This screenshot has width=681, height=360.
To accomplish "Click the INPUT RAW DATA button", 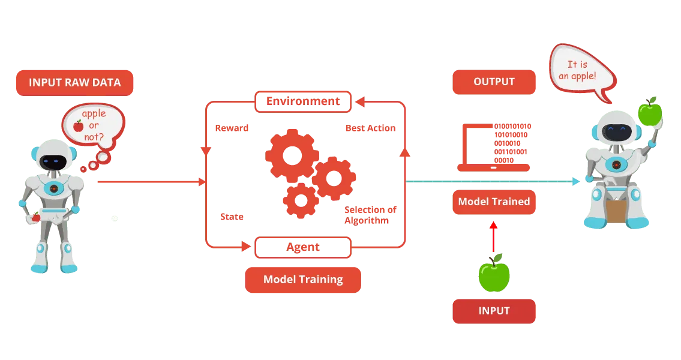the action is [75, 83].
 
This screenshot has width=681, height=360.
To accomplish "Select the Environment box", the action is [303, 101].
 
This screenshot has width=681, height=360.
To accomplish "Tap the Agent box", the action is [303, 247].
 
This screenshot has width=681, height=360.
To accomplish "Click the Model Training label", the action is [303, 280].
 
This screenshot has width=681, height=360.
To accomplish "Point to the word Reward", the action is [232, 128].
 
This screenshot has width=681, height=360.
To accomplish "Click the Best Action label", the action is [370, 128].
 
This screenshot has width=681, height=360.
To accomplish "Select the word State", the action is [232, 217].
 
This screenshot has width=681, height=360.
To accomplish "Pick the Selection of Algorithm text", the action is [370, 215].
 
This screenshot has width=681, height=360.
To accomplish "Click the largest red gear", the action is [292, 155].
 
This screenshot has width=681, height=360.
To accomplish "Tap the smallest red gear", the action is [301, 200].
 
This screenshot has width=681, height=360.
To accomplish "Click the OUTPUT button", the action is [494, 82].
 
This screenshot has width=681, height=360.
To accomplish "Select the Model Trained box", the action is [494, 202].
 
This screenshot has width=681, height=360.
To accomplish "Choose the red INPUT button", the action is [494, 311].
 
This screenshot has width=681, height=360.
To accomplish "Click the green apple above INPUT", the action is [494, 274].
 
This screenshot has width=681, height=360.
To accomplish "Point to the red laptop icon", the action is [493, 148].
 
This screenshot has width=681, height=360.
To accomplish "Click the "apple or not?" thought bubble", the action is [94, 126].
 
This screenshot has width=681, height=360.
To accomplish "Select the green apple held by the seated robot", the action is [650, 112].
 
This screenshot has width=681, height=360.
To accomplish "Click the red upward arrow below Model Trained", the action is [493, 236].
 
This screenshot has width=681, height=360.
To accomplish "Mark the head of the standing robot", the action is [54, 157].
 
